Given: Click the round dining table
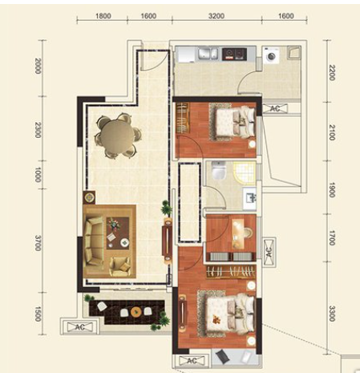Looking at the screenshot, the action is click(x=117, y=136).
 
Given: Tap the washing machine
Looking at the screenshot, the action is click(x=271, y=55).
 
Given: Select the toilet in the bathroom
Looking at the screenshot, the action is click(x=219, y=170).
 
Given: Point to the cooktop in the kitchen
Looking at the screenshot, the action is click(x=234, y=54).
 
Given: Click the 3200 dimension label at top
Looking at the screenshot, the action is click(x=216, y=16).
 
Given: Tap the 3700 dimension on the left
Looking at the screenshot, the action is click(x=38, y=243).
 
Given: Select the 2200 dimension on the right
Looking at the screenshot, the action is click(x=331, y=72).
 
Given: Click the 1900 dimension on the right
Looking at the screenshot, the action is click(x=331, y=189).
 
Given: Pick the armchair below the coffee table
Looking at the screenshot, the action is click(x=120, y=266).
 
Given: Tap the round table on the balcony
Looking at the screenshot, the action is click(x=136, y=311).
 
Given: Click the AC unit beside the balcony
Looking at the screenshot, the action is click(x=80, y=326).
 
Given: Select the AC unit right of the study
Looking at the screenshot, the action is click(x=269, y=252).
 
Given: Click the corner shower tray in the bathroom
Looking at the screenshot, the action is click(x=245, y=172).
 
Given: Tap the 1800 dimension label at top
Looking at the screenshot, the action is click(x=103, y=16).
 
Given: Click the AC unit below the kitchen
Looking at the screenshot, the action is click(x=275, y=108).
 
